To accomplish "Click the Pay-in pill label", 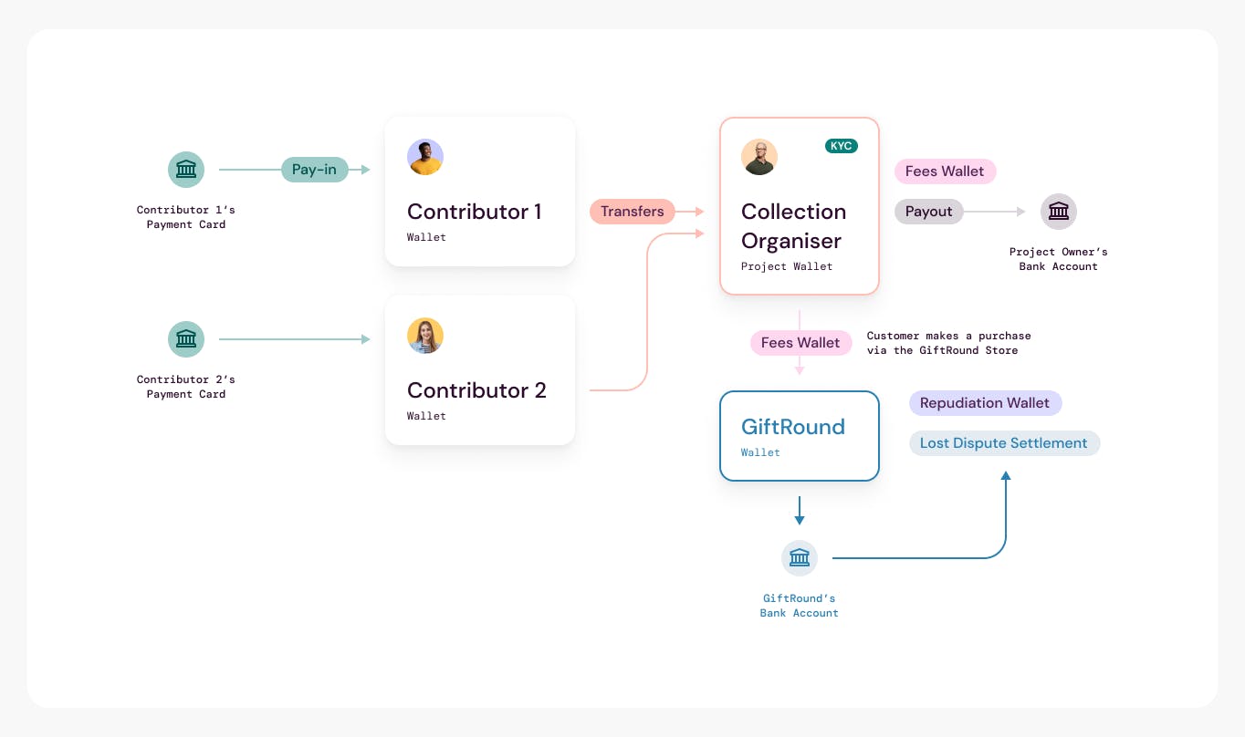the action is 315,170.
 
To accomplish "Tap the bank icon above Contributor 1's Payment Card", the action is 186,170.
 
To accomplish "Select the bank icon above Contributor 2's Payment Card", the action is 186,338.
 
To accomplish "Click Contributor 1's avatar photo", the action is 425,157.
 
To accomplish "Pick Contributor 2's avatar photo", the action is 425,336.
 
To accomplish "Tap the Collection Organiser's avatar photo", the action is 759,157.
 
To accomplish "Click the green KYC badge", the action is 841,146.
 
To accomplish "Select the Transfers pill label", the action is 632,211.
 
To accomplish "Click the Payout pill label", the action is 929,211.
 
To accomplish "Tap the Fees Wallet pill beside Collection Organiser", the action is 945,171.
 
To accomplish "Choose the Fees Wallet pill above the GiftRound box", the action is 800,342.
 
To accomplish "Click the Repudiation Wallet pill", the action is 985,402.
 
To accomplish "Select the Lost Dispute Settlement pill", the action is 1004,442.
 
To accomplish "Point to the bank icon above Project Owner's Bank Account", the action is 1058,211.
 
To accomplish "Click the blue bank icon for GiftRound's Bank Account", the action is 800,557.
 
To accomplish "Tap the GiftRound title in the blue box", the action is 793,427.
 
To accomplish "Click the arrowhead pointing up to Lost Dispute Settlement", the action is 1006,475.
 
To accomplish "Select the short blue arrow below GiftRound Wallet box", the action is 800,511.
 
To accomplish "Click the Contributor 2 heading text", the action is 476,389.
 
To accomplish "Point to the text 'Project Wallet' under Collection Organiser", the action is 787,266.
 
